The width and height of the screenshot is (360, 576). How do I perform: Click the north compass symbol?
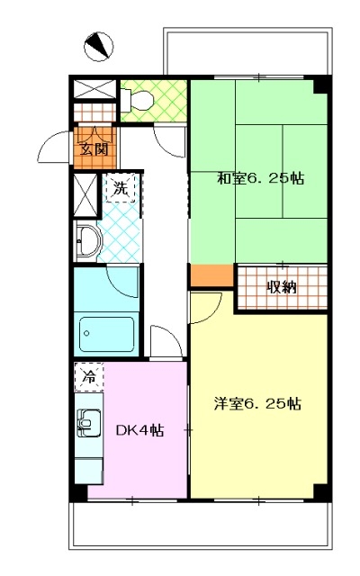(98, 47)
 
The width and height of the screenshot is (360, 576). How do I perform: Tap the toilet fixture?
(136, 99)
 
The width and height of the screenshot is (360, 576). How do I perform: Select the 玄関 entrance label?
(94, 149)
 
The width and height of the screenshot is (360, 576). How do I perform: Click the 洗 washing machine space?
(121, 188)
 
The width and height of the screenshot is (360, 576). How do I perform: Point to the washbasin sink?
(87, 240)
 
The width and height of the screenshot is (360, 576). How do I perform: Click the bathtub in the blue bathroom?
(106, 335)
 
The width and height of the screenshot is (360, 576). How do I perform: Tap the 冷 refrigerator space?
(89, 377)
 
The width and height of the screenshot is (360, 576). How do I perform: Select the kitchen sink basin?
(88, 424)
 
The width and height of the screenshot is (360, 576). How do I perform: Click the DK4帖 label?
(140, 430)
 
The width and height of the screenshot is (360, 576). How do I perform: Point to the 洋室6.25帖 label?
(257, 403)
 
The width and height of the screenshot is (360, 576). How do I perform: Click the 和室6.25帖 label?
(260, 178)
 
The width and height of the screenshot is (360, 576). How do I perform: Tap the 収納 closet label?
(282, 286)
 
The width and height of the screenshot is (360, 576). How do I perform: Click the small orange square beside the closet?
(212, 274)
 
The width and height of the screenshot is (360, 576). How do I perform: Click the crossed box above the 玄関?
(95, 89)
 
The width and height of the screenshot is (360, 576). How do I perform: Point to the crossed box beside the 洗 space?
(85, 195)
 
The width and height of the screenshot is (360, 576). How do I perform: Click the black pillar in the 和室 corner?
(320, 85)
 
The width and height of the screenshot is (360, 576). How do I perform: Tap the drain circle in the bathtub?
(86, 334)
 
